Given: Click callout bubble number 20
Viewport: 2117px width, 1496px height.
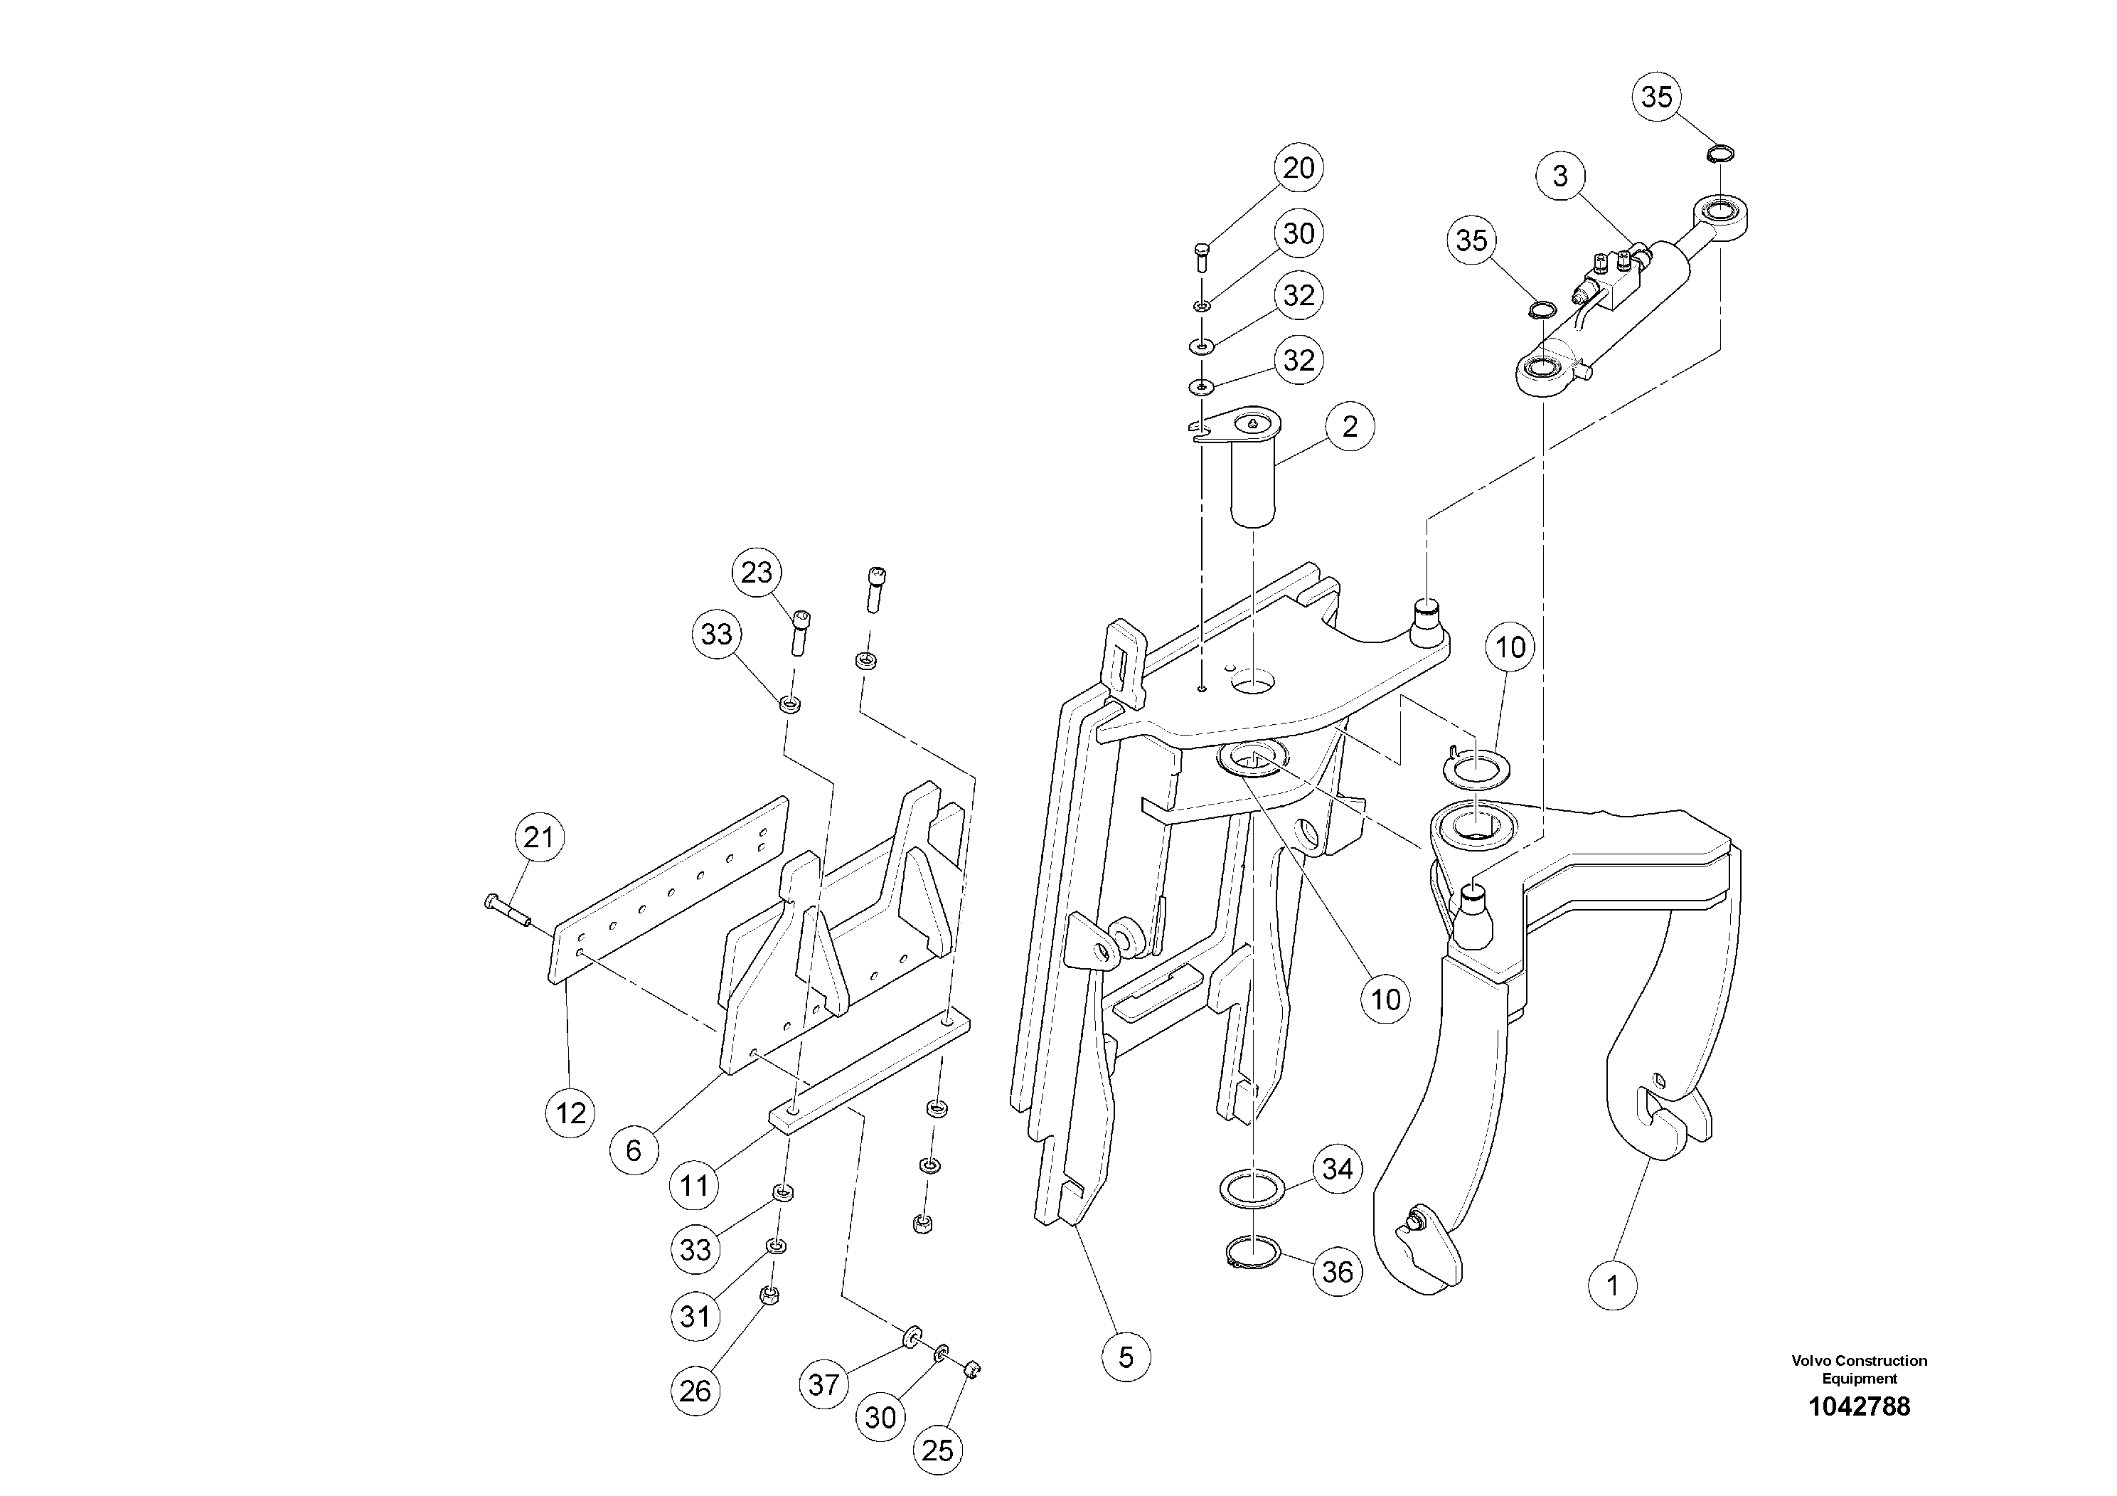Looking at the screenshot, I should [1299, 168].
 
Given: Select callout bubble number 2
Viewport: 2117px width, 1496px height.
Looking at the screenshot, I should [1350, 426].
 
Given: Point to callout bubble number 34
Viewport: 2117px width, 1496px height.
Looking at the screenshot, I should [1337, 1169].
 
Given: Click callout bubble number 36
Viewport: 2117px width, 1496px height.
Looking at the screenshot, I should [1337, 1272].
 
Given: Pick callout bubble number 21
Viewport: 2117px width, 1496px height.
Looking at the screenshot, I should [538, 837].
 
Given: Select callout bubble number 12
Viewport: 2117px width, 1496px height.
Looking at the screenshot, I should [571, 1113].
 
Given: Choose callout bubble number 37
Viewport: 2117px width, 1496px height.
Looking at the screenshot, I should [823, 1384].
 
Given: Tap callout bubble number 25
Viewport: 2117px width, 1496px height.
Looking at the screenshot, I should [938, 1450].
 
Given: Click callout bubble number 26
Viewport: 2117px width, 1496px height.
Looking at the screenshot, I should [695, 1391].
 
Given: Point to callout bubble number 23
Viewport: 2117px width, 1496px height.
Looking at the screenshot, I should [757, 573].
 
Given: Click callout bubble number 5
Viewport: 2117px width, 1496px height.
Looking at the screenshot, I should [1126, 1357].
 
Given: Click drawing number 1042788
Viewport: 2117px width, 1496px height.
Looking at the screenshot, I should [1859, 1408].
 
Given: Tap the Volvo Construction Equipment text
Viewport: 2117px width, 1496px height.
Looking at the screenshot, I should [1859, 1369].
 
